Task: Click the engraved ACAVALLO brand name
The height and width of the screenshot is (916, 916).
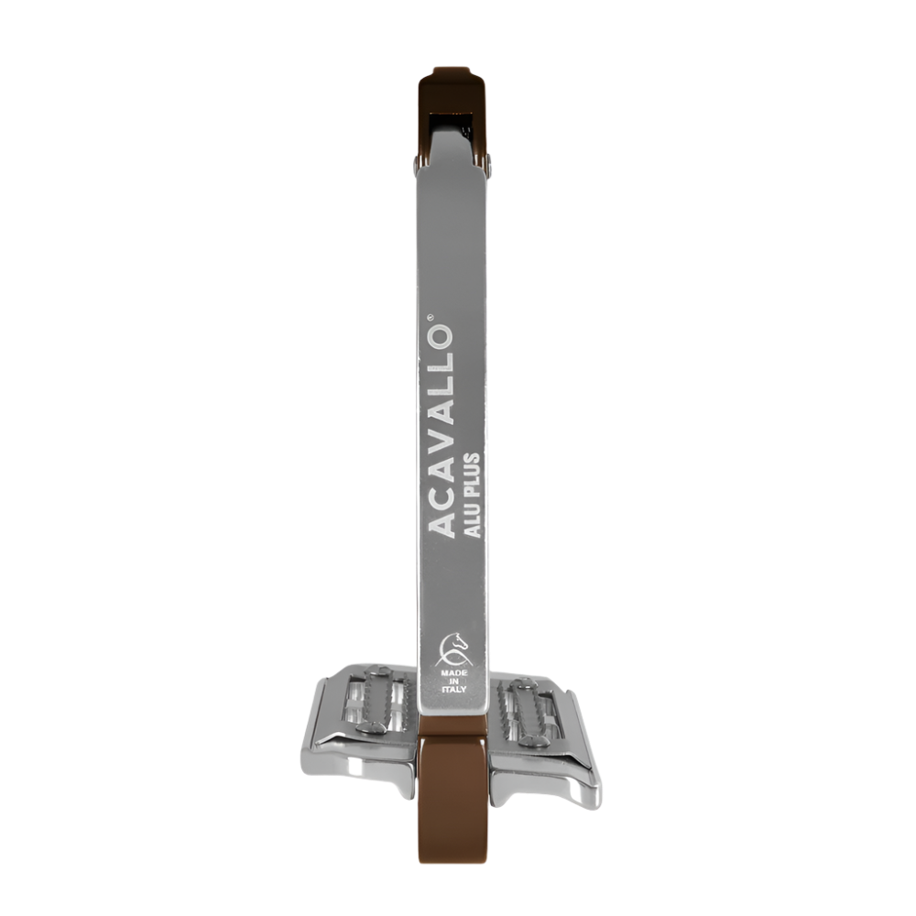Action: point(442,430)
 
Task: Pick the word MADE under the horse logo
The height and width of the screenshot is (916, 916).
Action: point(455,672)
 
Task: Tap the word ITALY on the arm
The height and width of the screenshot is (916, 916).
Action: point(455,691)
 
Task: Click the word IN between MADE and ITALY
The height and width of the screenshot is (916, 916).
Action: point(455,682)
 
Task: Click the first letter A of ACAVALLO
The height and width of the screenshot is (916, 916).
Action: point(442,528)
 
